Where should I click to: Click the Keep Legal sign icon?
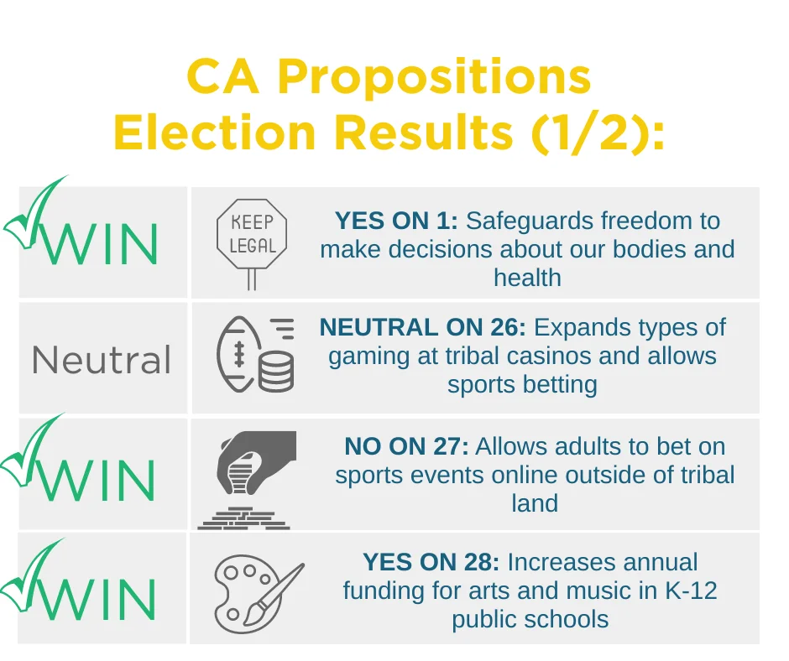click(252, 244)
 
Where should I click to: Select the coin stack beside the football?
click(276, 372)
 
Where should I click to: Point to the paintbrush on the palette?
click(274, 594)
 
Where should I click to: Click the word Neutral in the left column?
click(102, 360)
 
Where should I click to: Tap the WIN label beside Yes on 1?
click(101, 244)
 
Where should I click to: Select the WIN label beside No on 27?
click(99, 481)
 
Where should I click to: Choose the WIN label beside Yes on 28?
click(99, 599)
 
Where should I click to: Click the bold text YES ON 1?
click(396, 221)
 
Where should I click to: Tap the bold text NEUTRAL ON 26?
click(423, 327)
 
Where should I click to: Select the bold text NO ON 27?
click(406, 446)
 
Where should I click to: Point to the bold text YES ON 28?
click(431, 562)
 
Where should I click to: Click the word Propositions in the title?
click(434, 79)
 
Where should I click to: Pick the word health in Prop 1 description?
click(527, 278)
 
